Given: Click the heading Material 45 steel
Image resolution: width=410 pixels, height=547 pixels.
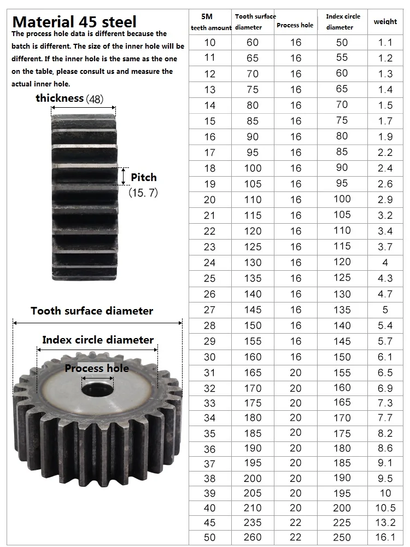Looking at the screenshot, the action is pyautogui.click(x=74, y=22).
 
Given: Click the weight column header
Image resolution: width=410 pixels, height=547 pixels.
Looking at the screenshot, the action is pyautogui.click(x=385, y=22).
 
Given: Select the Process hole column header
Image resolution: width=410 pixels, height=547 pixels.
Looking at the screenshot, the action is pyautogui.click(x=295, y=25).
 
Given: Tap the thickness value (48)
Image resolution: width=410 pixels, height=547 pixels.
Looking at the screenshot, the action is pyautogui.click(x=95, y=99).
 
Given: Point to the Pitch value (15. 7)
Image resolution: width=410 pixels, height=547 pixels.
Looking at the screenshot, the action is pyautogui.click(x=143, y=193).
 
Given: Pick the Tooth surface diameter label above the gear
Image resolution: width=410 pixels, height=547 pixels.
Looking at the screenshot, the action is pyautogui.click(x=92, y=311).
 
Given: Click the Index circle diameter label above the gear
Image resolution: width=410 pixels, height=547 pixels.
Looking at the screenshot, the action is pyautogui.click(x=98, y=340).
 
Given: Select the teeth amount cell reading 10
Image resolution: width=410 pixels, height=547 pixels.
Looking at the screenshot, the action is pyautogui.click(x=210, y=43).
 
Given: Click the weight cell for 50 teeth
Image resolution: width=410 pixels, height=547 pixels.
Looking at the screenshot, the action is pyautogui.click(x=385, y=537).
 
